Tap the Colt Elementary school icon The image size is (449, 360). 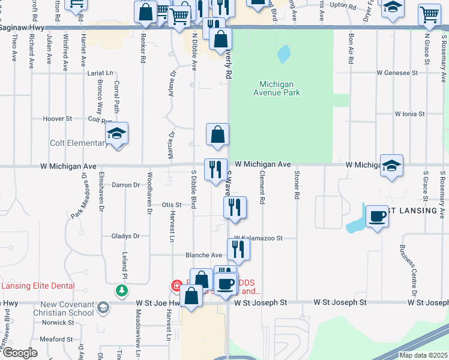[x=118, y=134]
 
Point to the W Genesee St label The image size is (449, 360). [x=397, y=73]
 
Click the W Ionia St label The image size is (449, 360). [x=409, y=113]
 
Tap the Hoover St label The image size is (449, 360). [x=58, y=119]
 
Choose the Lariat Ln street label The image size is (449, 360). [x=100, y=73]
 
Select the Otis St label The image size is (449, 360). [x=172, y=205]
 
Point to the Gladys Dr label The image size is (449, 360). [x=125, y=236]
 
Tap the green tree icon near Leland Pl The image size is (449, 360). [x=122, y=291]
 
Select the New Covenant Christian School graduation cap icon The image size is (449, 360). [x=103, y=308]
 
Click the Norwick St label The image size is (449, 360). [x=58, y=322]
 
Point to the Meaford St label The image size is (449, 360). [x=56, y=339]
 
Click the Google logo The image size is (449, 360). [x=20, y=353]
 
